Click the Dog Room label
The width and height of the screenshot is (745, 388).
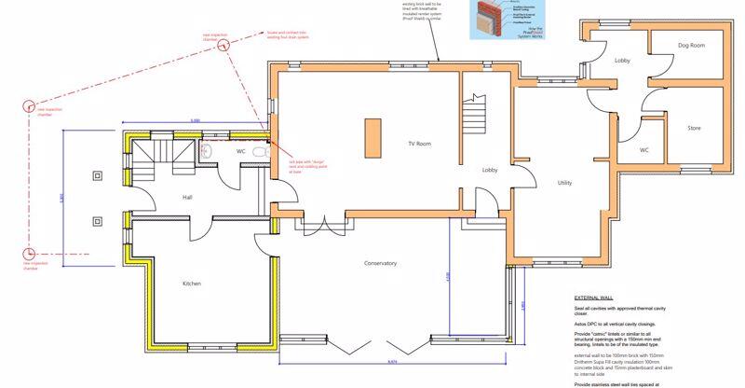[x=690, y=45]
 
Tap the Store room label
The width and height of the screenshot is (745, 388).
[x=694, y=128]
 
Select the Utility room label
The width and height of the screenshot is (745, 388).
[x=564, y=183]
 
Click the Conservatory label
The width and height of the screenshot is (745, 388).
[x=380, y=264]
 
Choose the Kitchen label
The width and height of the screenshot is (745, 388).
[x=192, y=284]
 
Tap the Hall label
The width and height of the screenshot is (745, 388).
[x=186, y=198]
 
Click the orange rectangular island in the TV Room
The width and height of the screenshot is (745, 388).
[x=375, y=137]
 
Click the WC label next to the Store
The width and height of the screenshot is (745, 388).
[x=644, y=149]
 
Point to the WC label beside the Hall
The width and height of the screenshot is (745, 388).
[x=240, y=150]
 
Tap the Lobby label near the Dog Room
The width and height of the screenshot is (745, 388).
[x=623, y=62]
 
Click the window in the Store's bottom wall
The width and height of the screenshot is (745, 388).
[x=694, y=171]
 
